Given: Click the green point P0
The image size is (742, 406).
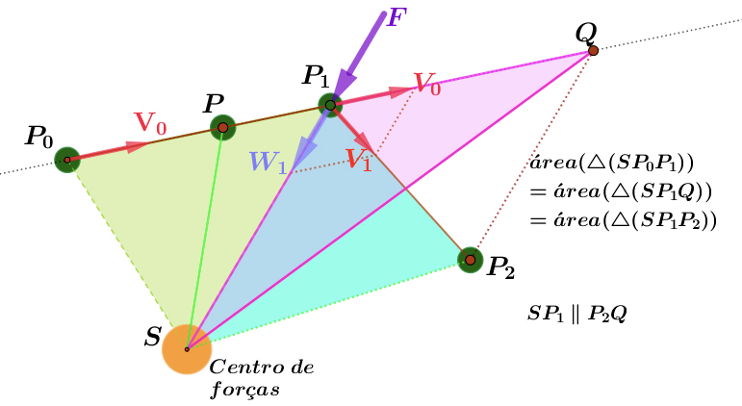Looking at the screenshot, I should (x=66, y=160).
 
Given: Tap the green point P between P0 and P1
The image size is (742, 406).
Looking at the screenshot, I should (x=223, y=127).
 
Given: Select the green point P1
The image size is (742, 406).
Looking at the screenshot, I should (x=330, y=104).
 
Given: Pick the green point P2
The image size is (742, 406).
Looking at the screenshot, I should (x=470, y=259).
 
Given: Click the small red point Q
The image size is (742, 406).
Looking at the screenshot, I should (x=594, y=50).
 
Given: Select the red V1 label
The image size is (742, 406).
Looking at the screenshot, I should (x=359, y=160).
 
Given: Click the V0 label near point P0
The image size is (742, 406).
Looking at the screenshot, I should (x=150, y=123).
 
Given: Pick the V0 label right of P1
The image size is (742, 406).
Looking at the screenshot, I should (x=427, y=84).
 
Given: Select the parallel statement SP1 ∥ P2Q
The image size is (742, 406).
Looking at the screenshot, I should (x=577, y=315).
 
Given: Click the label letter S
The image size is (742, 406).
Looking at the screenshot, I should (x=153, y=338).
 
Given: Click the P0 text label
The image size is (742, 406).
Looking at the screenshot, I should (x=38, y=137).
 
